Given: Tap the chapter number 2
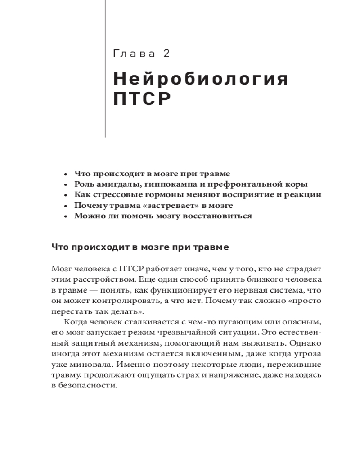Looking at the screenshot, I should click(166, 54).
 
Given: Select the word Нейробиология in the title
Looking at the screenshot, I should click(200, 80).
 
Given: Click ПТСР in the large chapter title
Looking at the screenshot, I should click(142, 99).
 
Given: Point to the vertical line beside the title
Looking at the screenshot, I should click(105, 67).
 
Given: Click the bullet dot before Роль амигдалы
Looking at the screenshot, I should click(66, 184).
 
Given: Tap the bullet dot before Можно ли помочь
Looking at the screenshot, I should click(66, 216).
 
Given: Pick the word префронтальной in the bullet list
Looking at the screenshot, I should click(241, 184).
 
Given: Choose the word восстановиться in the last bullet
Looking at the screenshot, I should click(220, 216).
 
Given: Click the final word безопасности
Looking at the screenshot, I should click(88, 386).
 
